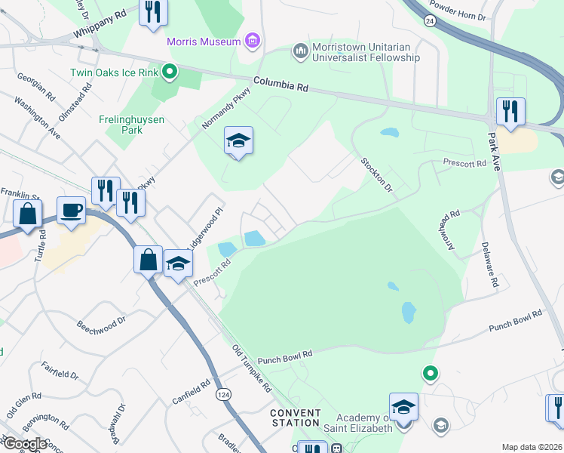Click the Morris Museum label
point(204,41)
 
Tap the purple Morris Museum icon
point(253,41)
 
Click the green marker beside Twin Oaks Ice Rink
point(170,72)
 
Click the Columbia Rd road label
point(280,83)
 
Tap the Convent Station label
point(296,418)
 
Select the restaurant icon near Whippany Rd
point(153,13)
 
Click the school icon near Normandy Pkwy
point(238,140)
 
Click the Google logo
point(25,444)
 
